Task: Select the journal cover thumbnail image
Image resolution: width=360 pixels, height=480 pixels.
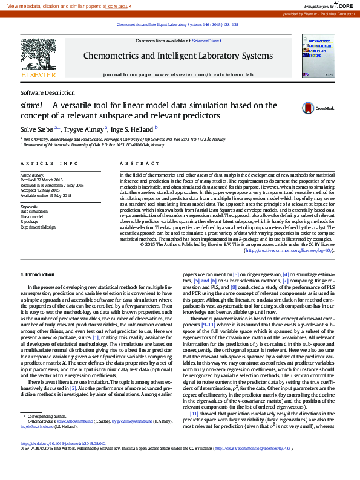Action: tap(318, 56)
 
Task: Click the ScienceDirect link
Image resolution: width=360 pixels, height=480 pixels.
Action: tap(206, 41)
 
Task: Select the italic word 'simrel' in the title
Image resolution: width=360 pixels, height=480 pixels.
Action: tap(31, 105)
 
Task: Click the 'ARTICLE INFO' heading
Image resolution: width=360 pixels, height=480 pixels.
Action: tap(50, 164)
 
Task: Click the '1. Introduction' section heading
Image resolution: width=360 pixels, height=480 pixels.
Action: tap(38, 274)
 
